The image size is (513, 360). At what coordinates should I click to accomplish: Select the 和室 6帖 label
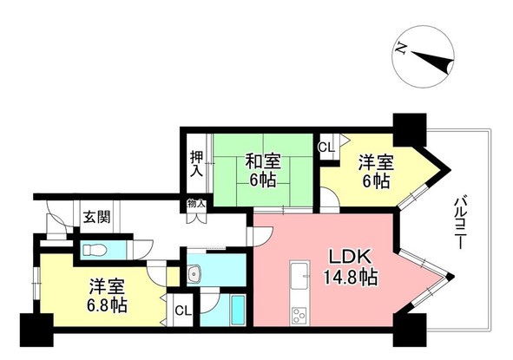tap(261, 169)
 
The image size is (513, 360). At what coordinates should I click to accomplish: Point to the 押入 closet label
tap(197, 165)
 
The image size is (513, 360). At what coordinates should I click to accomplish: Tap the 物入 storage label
tap(196, 205)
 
